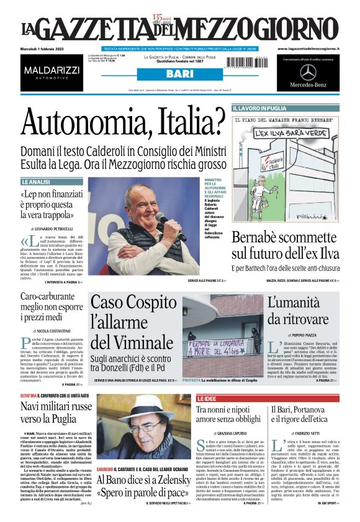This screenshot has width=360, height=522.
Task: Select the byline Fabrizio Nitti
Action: pos(308,432)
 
